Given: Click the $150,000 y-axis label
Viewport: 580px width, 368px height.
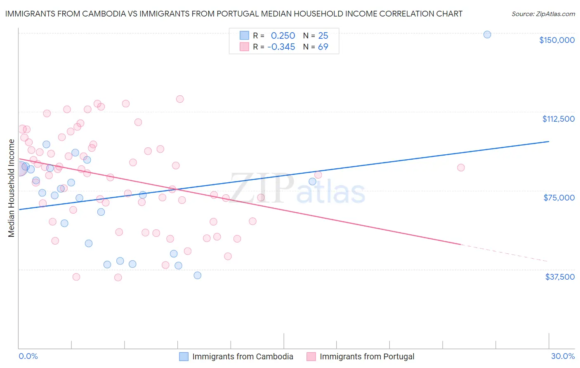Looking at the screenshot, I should [556, 40].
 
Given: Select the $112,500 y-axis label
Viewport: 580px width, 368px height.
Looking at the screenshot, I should [558, 119].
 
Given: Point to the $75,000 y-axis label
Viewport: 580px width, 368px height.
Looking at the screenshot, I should [559, 198].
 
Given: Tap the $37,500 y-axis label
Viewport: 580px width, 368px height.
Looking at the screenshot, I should [560, 277].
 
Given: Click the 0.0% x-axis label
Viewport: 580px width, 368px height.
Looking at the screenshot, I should [28, 356].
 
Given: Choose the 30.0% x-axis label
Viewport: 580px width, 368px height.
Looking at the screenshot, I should [563, 356].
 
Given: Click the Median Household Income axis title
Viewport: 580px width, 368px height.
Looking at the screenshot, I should [12, 188].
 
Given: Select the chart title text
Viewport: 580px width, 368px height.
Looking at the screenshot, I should [233, 14].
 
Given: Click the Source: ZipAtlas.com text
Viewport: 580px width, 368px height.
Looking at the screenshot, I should [543, 14].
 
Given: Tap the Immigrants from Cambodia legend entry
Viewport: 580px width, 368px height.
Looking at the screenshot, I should [243, 356].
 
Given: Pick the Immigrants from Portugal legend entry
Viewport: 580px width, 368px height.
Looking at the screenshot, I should [367, 356].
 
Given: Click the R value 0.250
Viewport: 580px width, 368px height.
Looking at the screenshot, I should [283, 35].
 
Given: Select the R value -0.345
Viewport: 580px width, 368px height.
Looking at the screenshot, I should [281, 47].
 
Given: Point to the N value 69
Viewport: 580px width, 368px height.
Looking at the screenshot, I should [323, 47].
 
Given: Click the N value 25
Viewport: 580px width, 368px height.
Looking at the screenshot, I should [323, 35].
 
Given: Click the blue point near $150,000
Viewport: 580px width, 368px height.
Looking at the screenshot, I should [487, 35].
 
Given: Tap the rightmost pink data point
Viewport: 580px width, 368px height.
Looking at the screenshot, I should [461, 167].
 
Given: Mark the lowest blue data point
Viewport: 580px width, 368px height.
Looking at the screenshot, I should [198, 275].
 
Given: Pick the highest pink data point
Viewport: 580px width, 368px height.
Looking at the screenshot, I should [180, 99].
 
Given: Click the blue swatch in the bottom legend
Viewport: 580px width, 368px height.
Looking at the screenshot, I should [184, 356].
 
